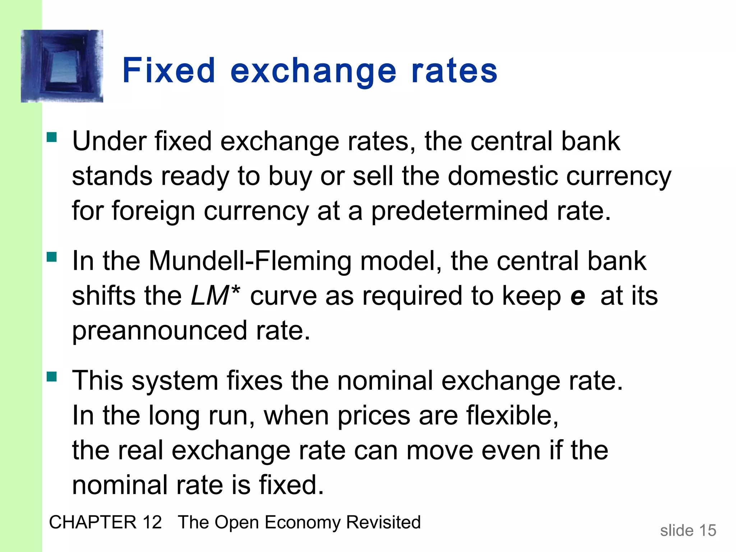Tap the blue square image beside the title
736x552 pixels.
click(x=62, y=66)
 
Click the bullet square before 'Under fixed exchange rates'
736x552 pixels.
click(x=52, y=138)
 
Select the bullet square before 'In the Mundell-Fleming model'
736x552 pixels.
click(x=52, y=257)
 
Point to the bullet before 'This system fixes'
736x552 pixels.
click(x=52, y=377)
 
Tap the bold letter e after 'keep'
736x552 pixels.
click(x=578, y=296)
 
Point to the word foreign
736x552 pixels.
click(x=153, y=211)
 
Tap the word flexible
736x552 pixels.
click(x=512, y=415)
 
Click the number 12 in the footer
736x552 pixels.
click(x=152, y=522)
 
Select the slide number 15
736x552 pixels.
click(x=707, y=530)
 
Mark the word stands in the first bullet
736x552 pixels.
click(x=112, y=176)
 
